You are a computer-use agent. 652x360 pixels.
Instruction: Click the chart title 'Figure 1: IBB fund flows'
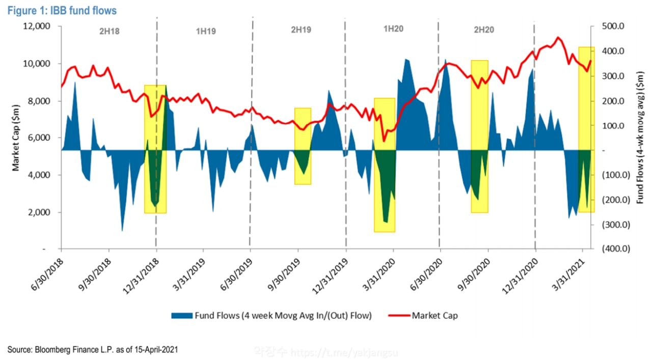pos(62,10)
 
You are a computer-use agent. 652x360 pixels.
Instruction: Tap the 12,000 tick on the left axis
pos(36,26)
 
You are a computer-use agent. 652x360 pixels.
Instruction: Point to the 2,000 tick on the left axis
pos(38,212)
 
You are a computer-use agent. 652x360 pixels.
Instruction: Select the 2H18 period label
pos(108,30)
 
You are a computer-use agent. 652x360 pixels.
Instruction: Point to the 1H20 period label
pos(393,29)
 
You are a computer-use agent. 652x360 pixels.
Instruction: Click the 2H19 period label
pos(301,30)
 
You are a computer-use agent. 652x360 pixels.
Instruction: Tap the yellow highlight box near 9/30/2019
pos(303,146)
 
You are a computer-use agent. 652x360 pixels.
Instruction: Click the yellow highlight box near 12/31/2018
pos(155,149)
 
